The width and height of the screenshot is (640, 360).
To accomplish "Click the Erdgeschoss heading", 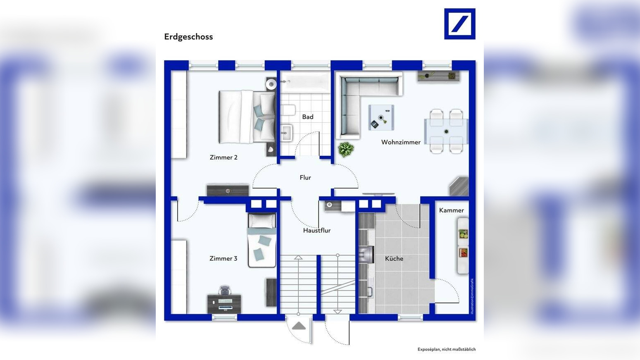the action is pyautogui.click(x=188, y=37).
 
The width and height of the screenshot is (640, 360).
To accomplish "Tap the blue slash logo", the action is pyautogui.click(x=460, y=24).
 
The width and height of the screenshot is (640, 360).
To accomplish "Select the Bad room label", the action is pyautogui.click(x=308, y=117).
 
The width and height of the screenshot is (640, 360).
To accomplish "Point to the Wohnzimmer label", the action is pyautogui.click(x=401, y=142).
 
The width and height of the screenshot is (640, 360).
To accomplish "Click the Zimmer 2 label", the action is pyautogui.click(x=224, y=157).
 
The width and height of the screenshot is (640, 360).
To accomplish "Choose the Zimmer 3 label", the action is pyautogui.click(x=223, y=259).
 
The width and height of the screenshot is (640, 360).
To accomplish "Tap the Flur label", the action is pyautogui.click(x=305, y=178).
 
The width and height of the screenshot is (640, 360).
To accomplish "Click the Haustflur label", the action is pyautogui.click(x=316, y=231).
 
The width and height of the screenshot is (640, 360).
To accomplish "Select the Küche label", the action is pyautogui.click(x=394, y=259).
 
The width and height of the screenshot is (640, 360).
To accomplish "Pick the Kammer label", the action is pyautogui.click(x=452, y=210).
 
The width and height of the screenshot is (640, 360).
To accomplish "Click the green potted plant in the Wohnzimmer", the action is pyautogui.click(x=346, y=150).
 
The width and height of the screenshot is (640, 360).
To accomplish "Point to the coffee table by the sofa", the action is pyautogui.click(x=381, y=117).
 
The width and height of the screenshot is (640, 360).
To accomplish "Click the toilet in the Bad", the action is pyautogui.click(x=288, y=110).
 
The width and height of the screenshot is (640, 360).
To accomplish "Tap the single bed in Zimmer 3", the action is pyautogui.click(x=262, y=240).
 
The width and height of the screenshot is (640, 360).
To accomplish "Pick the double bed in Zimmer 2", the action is pyautogui.click(x=247, y=117).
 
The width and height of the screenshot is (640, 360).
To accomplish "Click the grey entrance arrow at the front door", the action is pyautogui.click(x=299, y=326).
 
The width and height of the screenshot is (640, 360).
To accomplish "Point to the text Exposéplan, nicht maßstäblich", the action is pyautogui.click(x=447, y=349).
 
